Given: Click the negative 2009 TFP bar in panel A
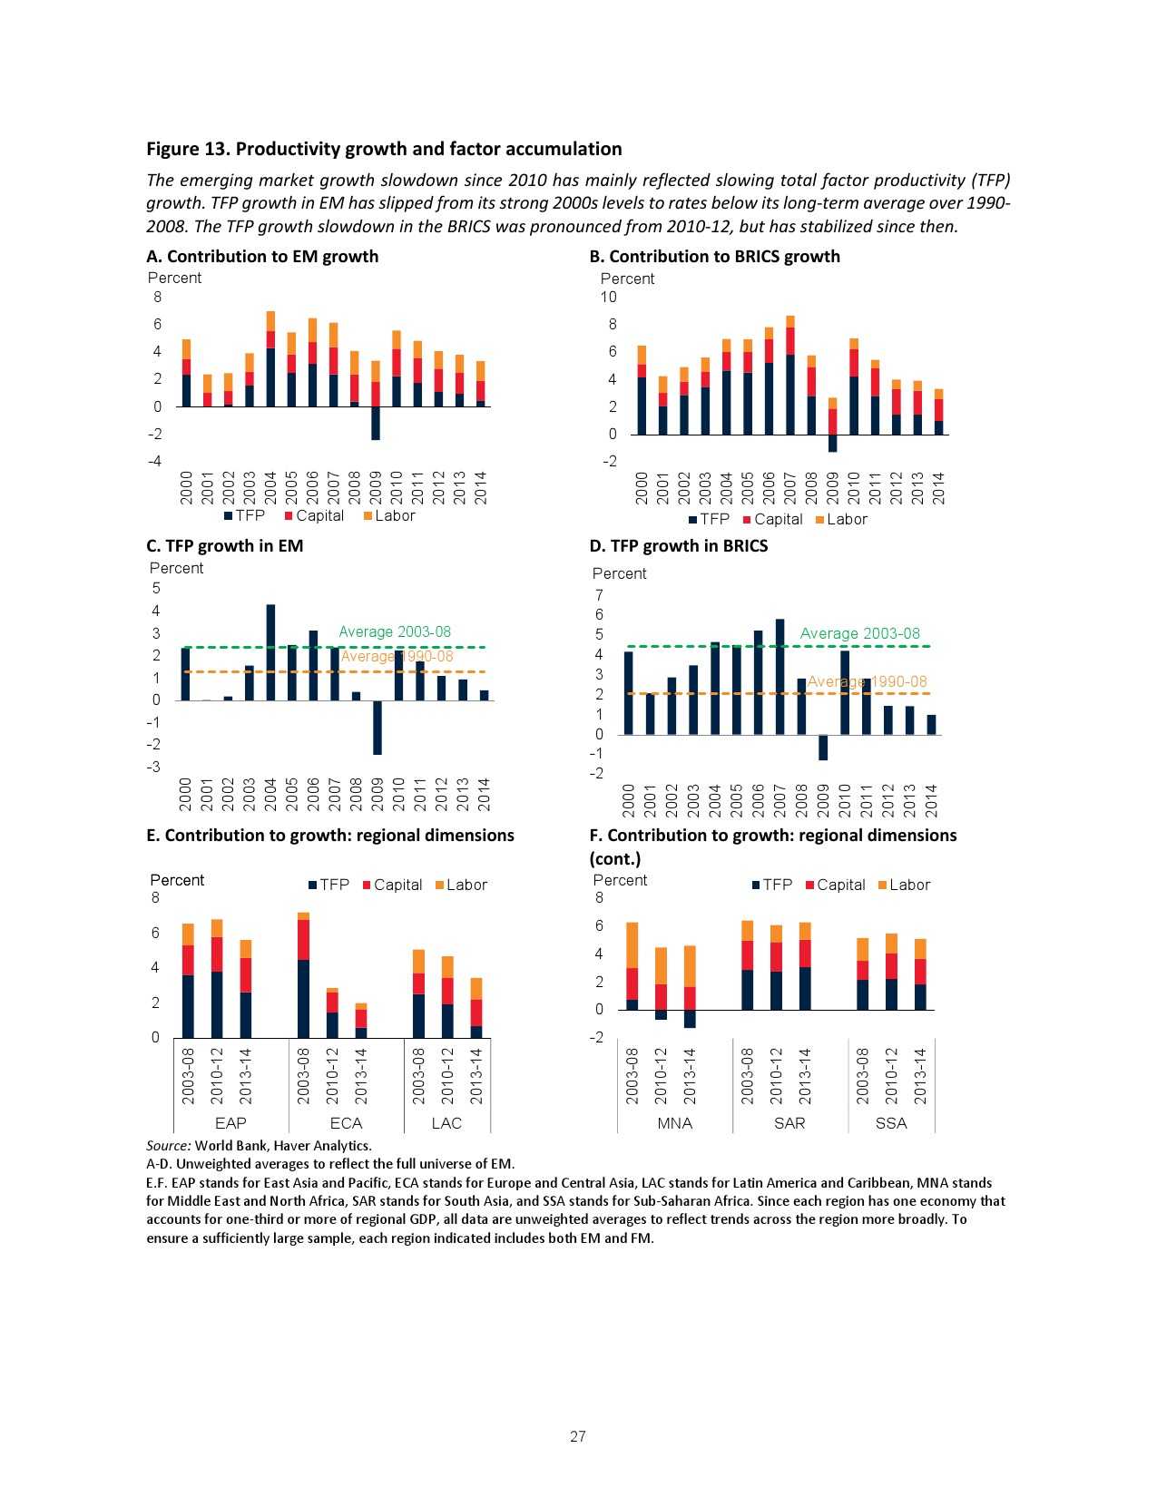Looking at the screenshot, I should point(376,423).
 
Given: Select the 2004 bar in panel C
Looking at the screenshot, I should point(270,652).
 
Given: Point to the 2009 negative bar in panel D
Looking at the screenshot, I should point(823,747).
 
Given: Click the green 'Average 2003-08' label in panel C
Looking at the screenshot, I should point(394,631).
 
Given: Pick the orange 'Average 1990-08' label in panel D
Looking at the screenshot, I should point(867,681).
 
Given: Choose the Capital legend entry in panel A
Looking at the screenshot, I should point(314,515).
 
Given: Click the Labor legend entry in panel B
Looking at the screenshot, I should point(840,519).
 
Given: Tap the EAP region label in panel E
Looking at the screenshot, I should point(230,1123).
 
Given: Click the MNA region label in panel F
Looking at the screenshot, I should point(674,1123).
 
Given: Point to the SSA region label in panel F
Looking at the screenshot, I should point(891,1123).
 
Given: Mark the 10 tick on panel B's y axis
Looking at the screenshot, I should point(608,298).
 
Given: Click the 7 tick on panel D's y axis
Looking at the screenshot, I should point(599,595).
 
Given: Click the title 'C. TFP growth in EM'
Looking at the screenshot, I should point(225,545).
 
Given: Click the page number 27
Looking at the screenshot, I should point(578,1436).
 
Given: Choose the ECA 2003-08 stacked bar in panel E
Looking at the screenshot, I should point(303,974).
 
